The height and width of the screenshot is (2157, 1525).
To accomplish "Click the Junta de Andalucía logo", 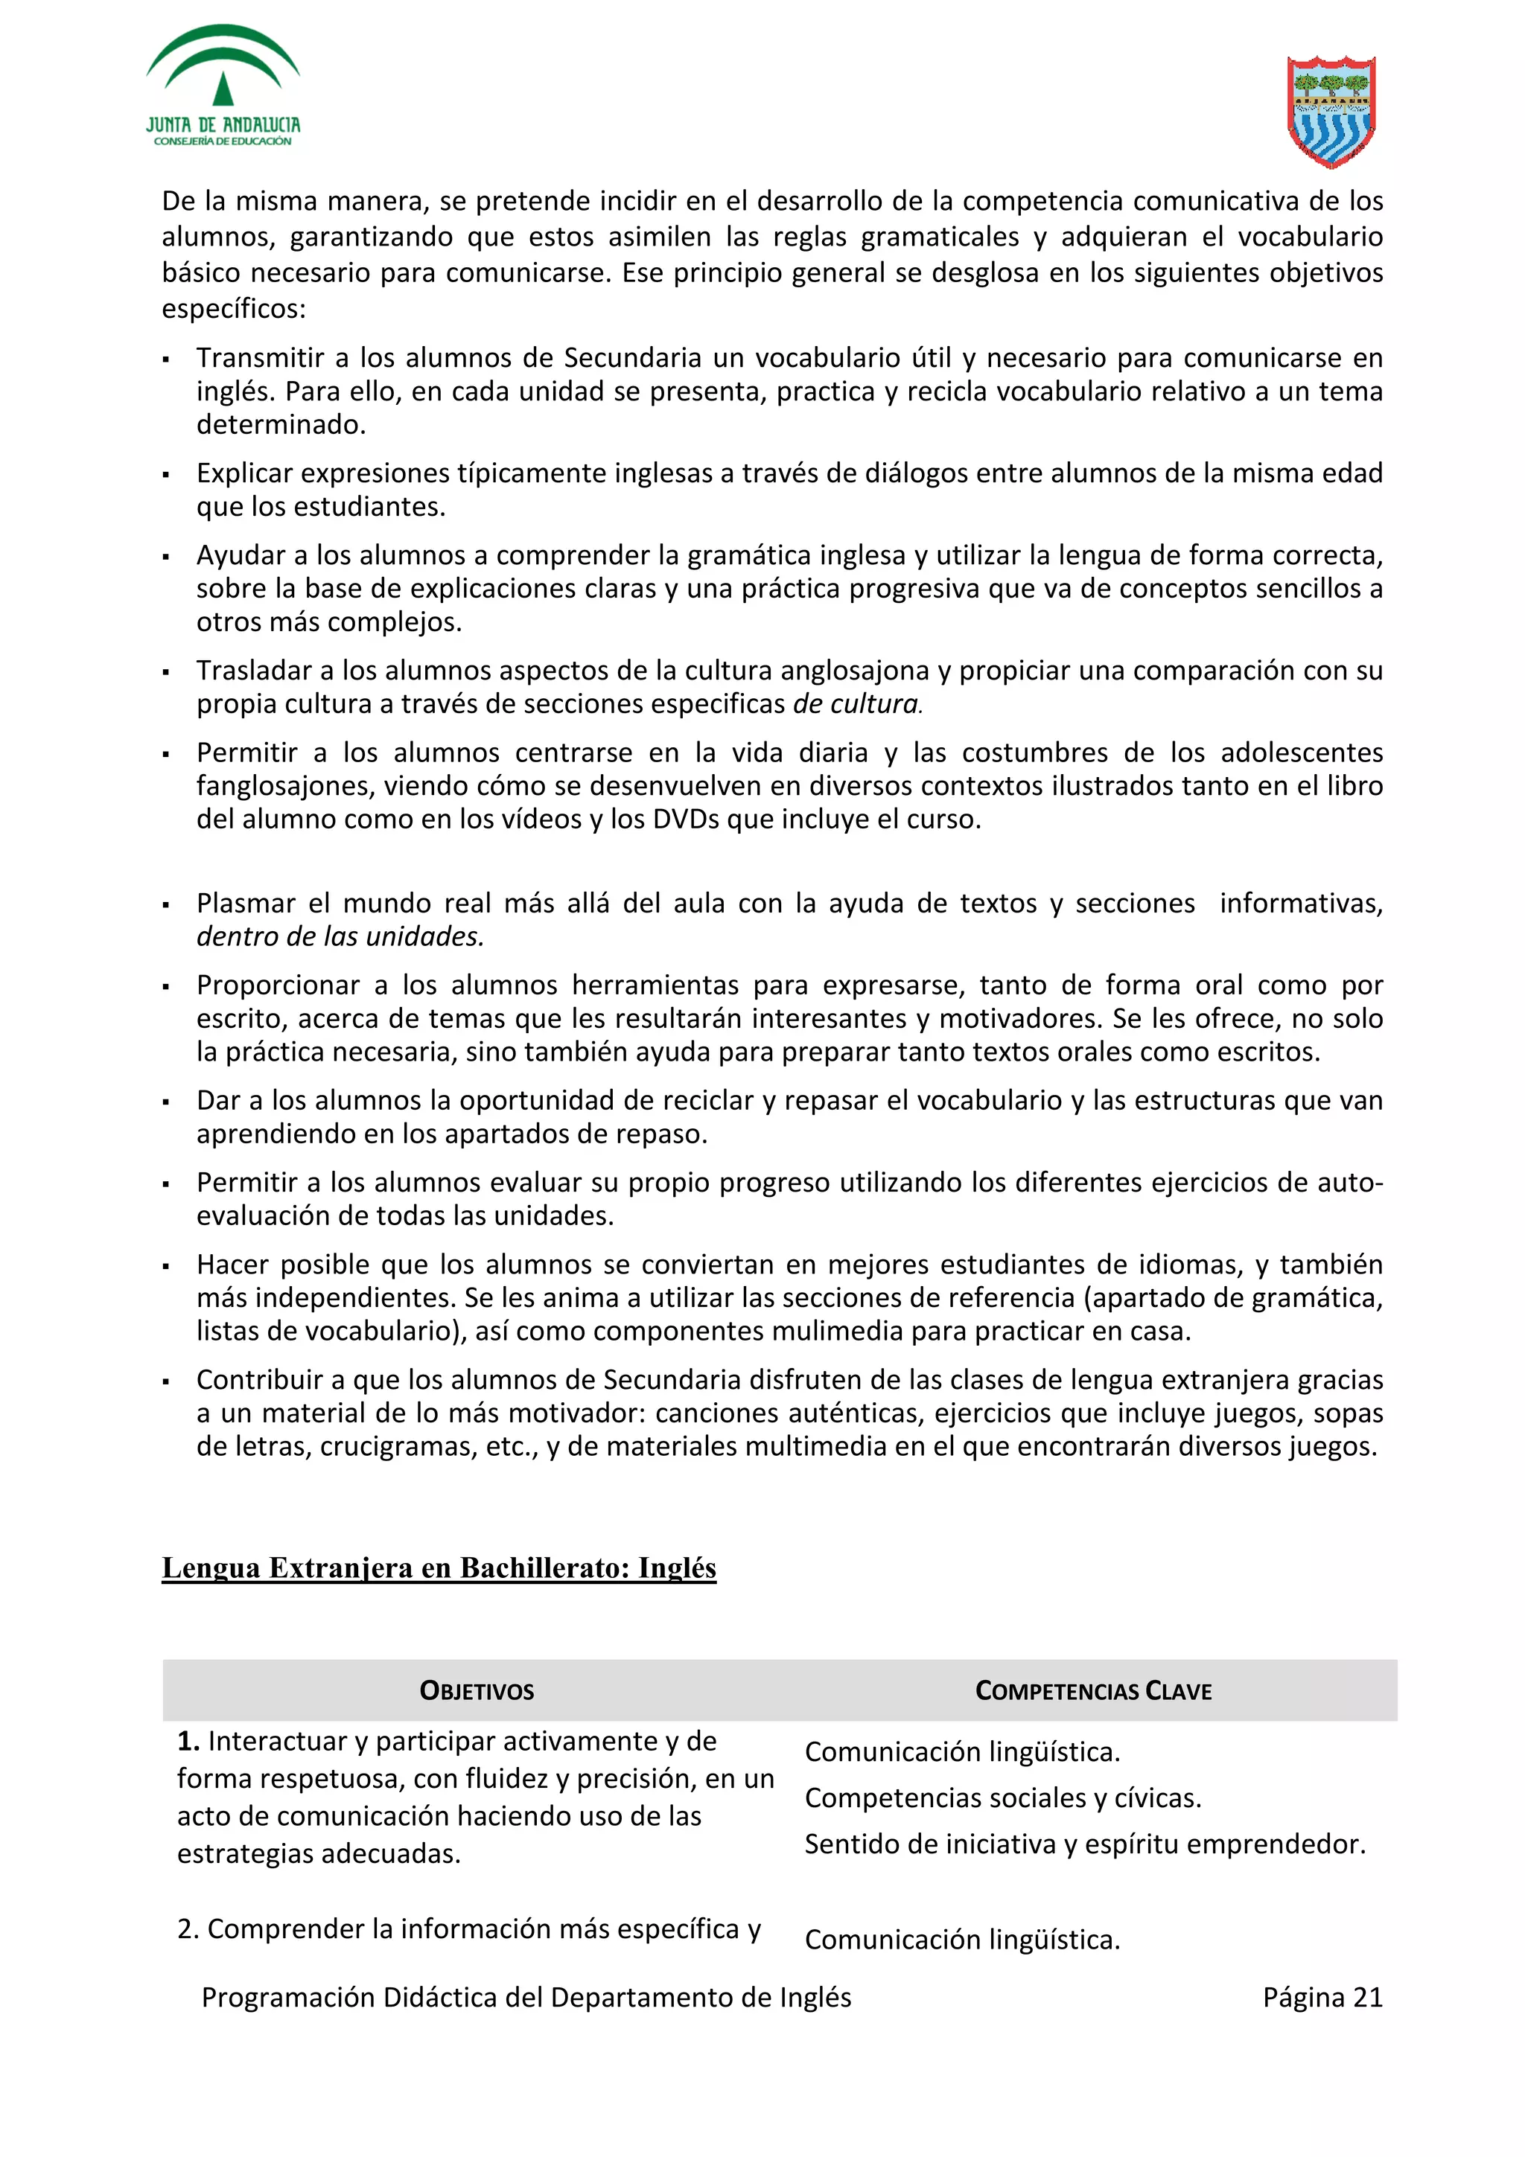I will pos(223,86).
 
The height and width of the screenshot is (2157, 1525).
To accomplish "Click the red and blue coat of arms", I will pos(1330,111).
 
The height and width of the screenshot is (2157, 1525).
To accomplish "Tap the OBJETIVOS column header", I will pos(477,1691).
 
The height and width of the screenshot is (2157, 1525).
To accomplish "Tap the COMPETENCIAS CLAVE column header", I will pos(1093,1691).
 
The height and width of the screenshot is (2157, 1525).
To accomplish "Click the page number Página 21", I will pos(1322,1997).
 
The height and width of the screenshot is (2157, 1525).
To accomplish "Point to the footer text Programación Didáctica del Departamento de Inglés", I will pos(526,1997).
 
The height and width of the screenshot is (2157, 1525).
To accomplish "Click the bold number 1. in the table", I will pos(188,1741).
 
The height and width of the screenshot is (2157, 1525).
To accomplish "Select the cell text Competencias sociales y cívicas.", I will pos(1002,1798).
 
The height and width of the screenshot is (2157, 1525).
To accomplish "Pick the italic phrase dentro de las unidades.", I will pos(340,936).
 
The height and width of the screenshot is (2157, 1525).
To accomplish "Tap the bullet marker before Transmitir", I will pos(166,359).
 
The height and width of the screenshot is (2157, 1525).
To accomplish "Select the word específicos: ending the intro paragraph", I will pos(234,308).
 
